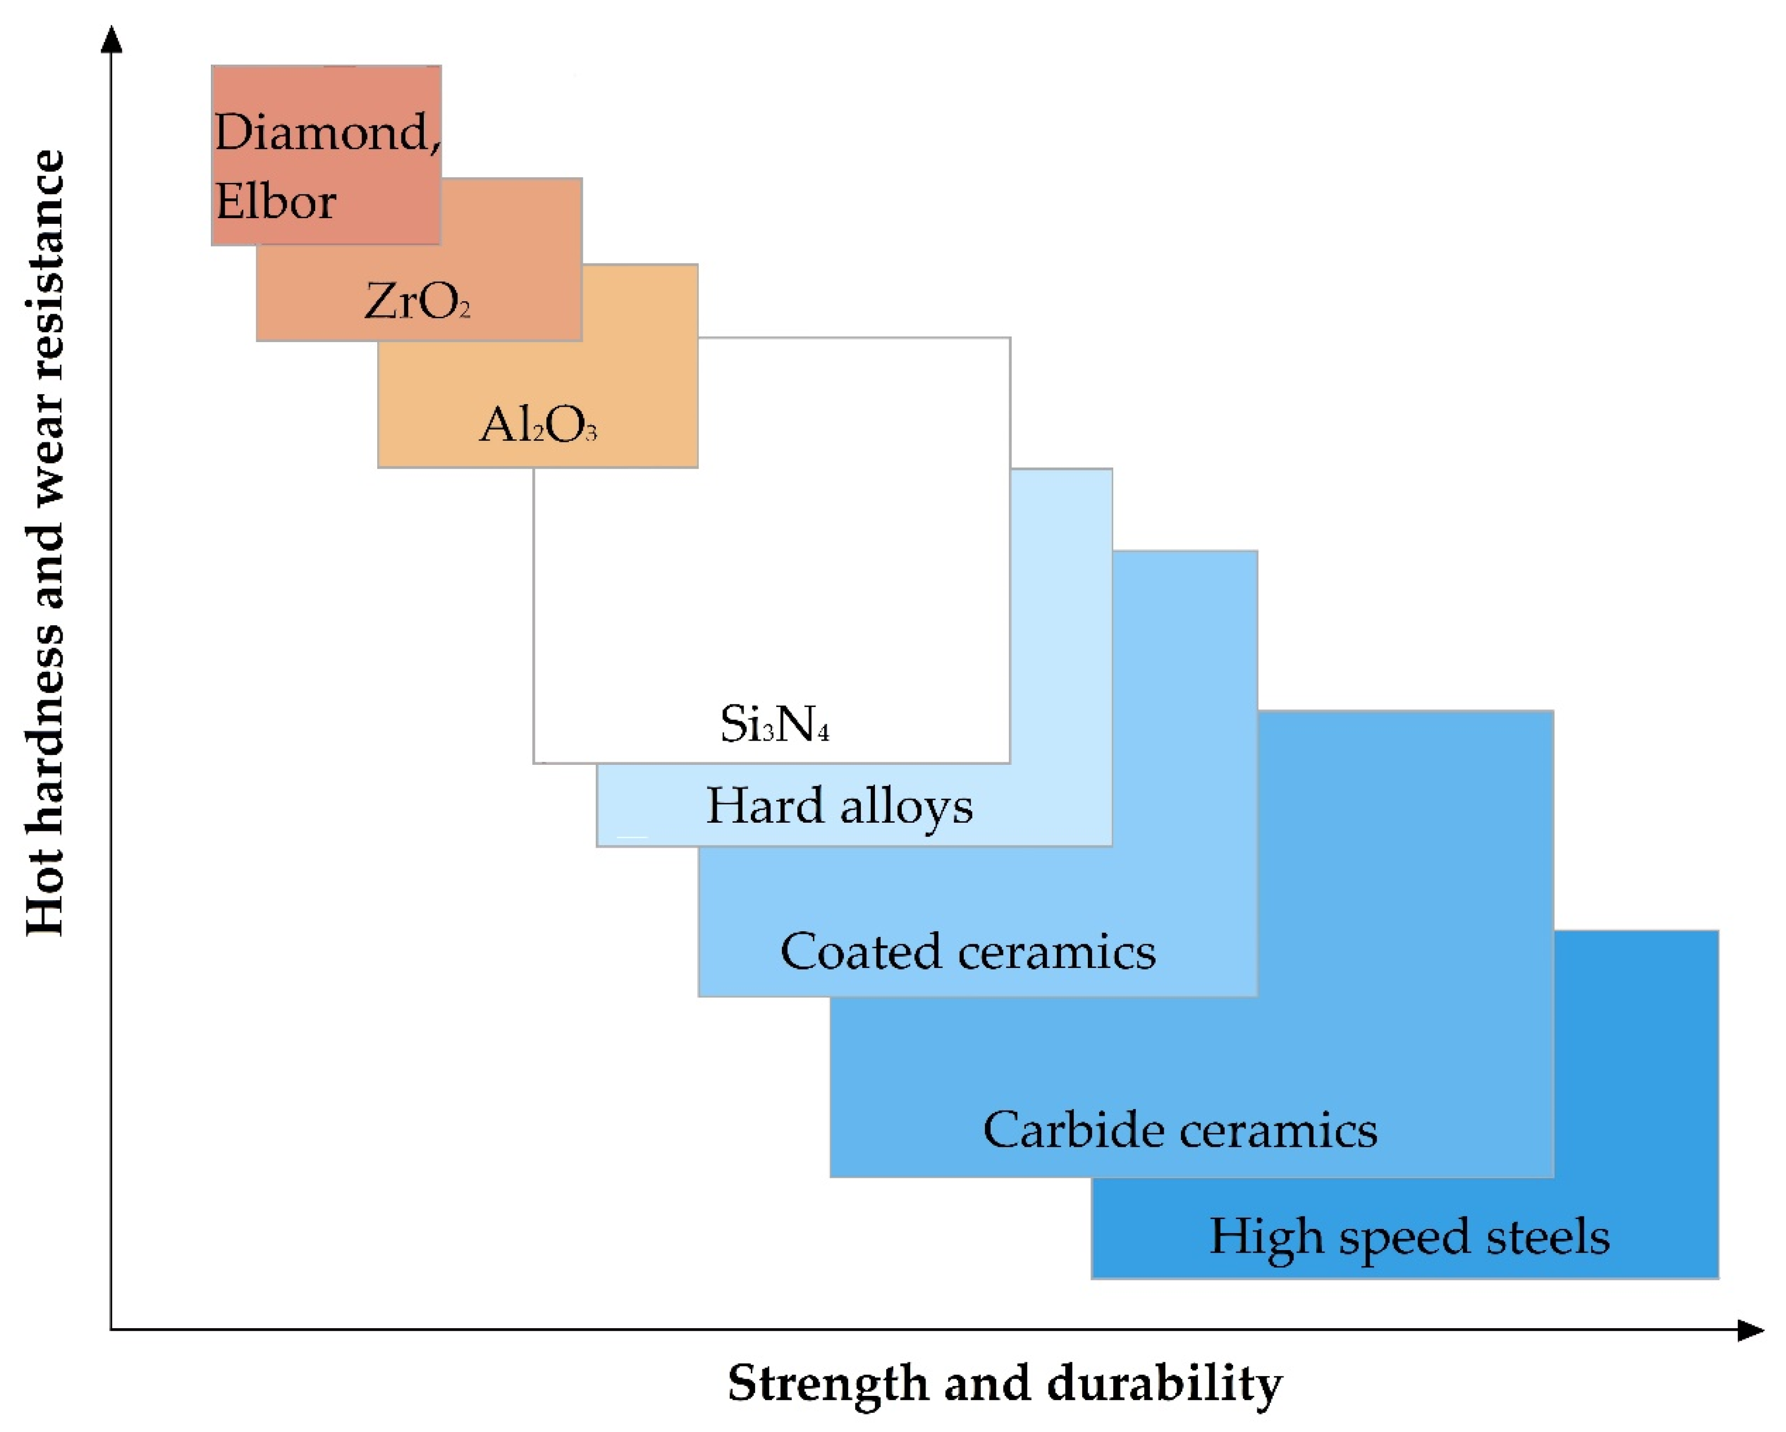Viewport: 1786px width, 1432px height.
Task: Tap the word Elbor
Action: pos(276,201)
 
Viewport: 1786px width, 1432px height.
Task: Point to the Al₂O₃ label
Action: pos(537,426)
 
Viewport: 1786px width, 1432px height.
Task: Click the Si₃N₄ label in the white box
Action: pos(774,724)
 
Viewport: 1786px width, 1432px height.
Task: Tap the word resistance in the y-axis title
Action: pos(45,264)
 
